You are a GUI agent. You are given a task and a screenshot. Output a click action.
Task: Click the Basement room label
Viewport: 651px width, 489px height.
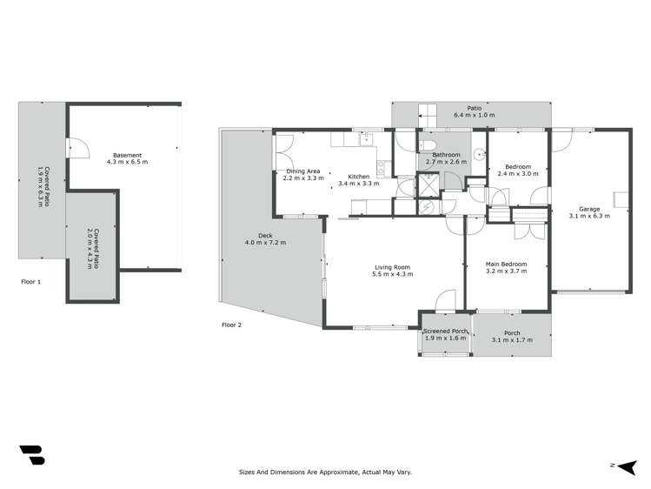[127, 155]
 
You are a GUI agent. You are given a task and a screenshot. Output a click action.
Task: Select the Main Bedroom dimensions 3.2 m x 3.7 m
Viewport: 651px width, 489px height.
[505, 271]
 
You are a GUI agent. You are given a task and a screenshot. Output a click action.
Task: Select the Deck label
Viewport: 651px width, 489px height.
[265, 235]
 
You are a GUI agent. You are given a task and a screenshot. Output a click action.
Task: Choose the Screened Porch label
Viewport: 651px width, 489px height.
[445, 332]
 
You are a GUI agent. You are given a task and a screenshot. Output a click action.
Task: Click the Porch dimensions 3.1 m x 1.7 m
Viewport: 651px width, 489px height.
[511, 339]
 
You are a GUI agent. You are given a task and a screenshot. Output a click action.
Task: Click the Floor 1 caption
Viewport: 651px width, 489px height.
[30, 282]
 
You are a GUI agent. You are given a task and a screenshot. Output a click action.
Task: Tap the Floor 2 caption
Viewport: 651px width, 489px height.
[232, 325]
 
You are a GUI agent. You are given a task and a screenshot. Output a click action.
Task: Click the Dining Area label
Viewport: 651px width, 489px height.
[304, 171]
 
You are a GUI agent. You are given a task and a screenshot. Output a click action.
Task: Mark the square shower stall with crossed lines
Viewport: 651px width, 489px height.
[429, 184]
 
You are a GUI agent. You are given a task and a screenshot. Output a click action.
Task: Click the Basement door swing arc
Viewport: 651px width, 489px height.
[79, 150]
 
